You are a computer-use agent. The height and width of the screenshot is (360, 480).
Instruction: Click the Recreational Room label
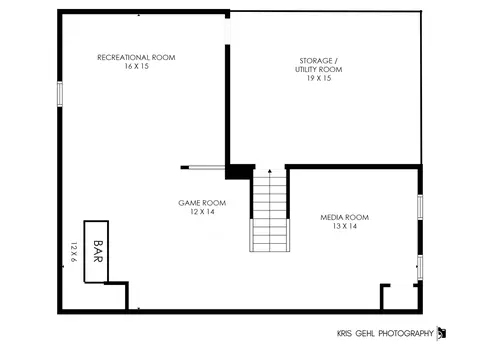click(x=136, y=57)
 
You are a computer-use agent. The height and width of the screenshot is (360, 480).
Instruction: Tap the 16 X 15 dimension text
click(x=136, y=66)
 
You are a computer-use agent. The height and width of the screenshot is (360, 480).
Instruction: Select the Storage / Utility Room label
click(x=318, y=65)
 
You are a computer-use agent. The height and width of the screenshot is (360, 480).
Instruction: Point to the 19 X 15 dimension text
click(x=319, y=78)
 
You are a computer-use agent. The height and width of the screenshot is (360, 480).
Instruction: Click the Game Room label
click(x=202, y=203)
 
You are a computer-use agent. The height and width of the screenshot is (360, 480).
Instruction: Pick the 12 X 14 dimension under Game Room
click(x=202, y=212)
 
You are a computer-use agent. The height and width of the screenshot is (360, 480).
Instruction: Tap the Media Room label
click(x=345, y=217)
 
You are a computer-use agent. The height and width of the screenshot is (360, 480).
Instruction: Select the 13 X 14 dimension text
click(x=345, y=226)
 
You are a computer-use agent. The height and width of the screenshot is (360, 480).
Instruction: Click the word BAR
click(x=98, y=251)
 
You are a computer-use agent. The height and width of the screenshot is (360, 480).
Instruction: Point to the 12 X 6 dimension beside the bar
click(x=74, y=252)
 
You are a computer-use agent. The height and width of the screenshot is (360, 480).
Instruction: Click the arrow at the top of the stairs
click(x=270, y=171)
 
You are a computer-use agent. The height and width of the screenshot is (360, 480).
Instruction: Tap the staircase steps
click(x=270, y=210)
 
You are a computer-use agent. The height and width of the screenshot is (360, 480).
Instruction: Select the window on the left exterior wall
click(x=60, y=94)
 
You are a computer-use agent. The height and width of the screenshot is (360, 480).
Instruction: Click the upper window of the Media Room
click(x=420, y=207)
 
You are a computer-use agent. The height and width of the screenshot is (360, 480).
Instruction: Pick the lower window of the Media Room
click(x=420, y=267)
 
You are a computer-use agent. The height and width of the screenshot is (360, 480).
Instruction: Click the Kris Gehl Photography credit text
click(x=385, y=333)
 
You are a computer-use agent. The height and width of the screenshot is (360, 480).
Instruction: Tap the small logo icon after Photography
click(x=441, y=333)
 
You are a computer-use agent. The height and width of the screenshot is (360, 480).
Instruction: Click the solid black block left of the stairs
click(x=239, y=172)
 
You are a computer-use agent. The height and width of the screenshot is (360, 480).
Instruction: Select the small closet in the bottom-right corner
click(x=400, y=297)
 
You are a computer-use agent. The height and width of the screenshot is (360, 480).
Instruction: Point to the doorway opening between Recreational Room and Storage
click(x=228, y=31)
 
